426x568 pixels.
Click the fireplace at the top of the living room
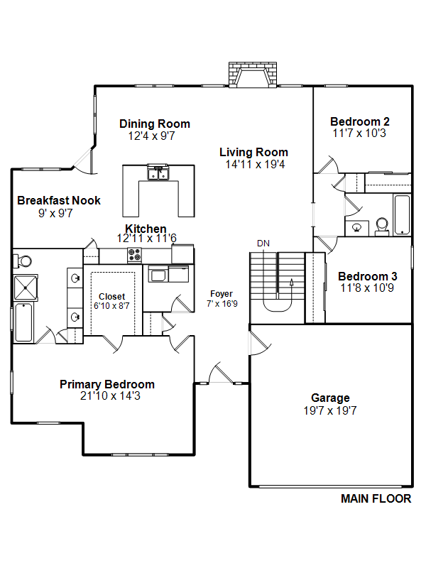coord(253,75)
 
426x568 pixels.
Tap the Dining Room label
coord(155,124)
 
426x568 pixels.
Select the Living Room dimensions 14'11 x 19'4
coord(255,165)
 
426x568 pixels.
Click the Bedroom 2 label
coord(360,121)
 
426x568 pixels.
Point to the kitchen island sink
coord(158,173)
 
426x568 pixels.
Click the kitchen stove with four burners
coord(134,255)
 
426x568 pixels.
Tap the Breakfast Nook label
coord(59,200)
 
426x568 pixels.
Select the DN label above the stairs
coord(263,244)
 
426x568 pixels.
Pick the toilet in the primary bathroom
coord(23,261)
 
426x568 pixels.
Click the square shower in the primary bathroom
coord(26,288)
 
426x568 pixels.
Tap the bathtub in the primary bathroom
coord(23,322)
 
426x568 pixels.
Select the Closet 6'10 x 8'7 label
coord(111,301)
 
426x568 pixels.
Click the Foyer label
coord(222,294)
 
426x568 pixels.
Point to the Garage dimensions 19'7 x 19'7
coord(330,411)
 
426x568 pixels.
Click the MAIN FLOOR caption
coord(376,499)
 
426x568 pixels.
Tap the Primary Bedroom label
coord(107,384)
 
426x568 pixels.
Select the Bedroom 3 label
coord(368,276)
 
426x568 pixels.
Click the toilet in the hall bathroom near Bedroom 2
coord(382,227)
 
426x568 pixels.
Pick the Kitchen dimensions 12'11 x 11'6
coord(147,239)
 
